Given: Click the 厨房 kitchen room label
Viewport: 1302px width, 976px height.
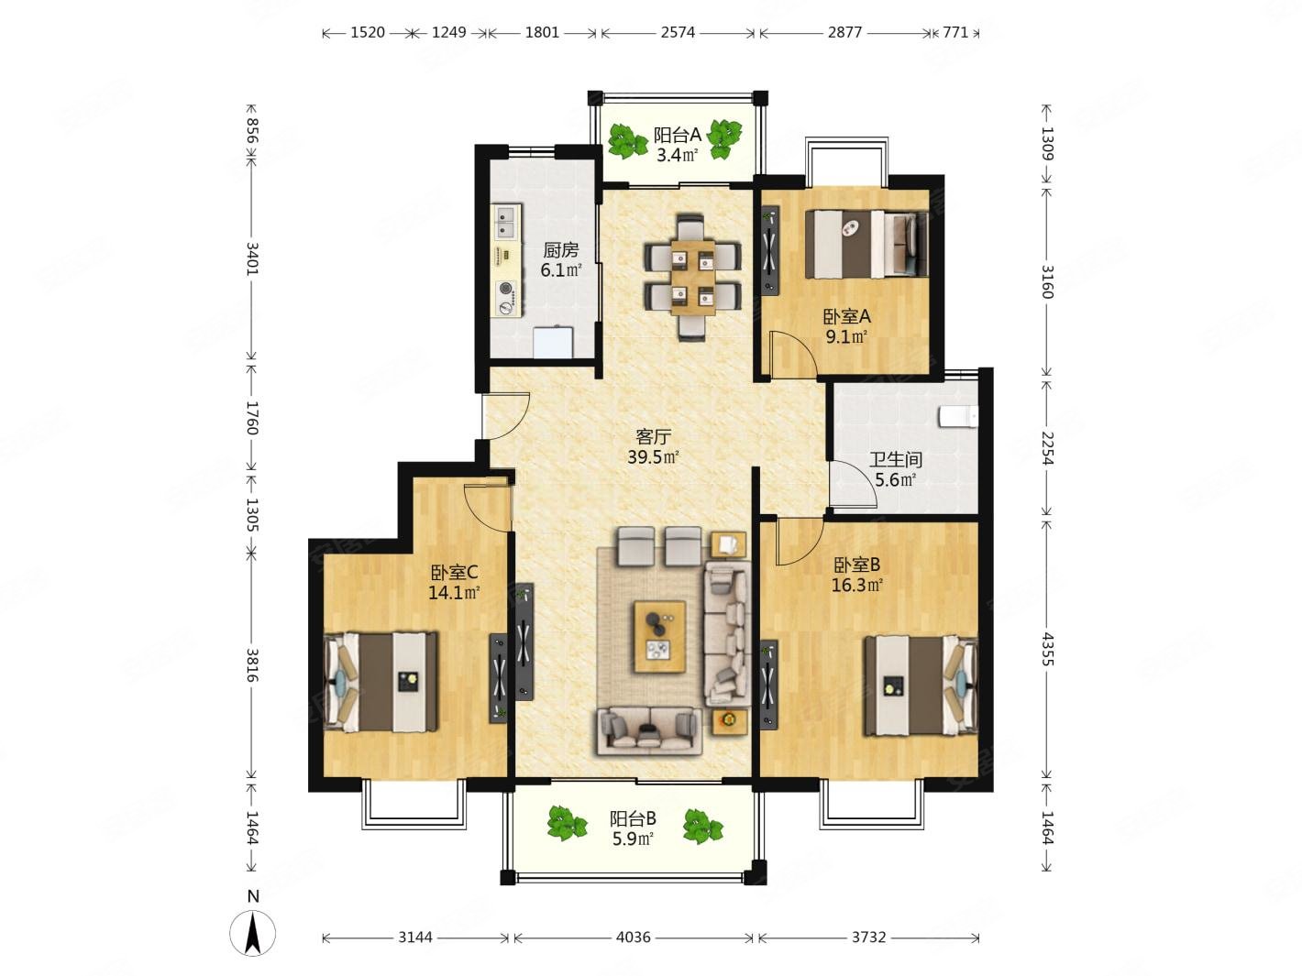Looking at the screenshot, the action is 560,250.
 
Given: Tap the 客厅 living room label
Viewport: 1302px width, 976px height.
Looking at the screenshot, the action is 653,437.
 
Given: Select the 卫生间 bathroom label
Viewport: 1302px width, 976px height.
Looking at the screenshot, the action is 896,459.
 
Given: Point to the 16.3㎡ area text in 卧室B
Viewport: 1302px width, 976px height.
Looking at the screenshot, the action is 856,586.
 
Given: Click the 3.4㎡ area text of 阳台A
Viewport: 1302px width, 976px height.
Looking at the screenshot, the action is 676,156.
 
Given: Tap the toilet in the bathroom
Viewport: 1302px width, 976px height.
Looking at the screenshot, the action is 958,416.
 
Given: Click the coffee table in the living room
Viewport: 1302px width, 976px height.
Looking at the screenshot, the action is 659,636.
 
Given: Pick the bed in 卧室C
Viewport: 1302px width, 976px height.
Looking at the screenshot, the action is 381,682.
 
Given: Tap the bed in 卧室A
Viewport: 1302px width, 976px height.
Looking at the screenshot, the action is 866,244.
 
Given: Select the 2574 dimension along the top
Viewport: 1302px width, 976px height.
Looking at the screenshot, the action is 678,32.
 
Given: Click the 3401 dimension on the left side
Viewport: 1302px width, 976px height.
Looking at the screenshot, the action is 253,258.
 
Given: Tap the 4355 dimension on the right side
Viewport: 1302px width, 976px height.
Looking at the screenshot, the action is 1047,649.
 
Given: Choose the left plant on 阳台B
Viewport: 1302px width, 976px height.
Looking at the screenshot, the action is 567,823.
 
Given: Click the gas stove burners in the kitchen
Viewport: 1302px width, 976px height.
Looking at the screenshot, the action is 506,298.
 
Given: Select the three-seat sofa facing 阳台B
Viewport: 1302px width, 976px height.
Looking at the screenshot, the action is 649,731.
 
